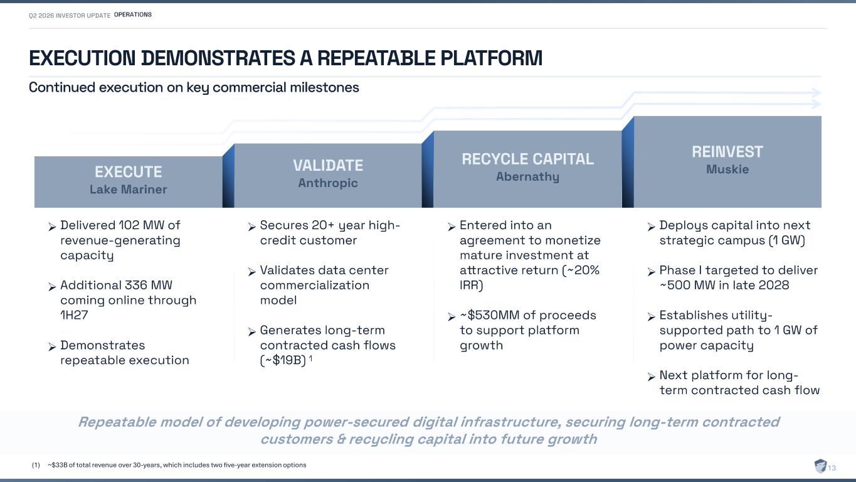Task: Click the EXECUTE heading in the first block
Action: click(129, 172)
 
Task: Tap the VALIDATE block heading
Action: click(328, 165)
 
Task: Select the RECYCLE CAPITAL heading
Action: click(528, 159)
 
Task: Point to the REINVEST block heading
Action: click(727, 151)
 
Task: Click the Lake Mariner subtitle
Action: click(129, 190)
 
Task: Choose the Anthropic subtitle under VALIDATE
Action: click(328, 183)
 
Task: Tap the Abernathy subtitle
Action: click(528, 176)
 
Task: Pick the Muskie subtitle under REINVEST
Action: click(727, 169)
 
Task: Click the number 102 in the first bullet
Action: click(129, 225)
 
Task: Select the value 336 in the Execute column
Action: click(135, 285)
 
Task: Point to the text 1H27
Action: click(74, 315)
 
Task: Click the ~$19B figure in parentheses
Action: click(284, 360)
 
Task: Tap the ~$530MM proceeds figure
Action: click(490, 315)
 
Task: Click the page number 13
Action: click(832, 468)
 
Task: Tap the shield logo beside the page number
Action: click(820, 466)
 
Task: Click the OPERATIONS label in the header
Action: click(132, 14)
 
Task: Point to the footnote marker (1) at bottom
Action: click(36, 465)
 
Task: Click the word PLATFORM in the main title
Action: click(492, 58)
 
